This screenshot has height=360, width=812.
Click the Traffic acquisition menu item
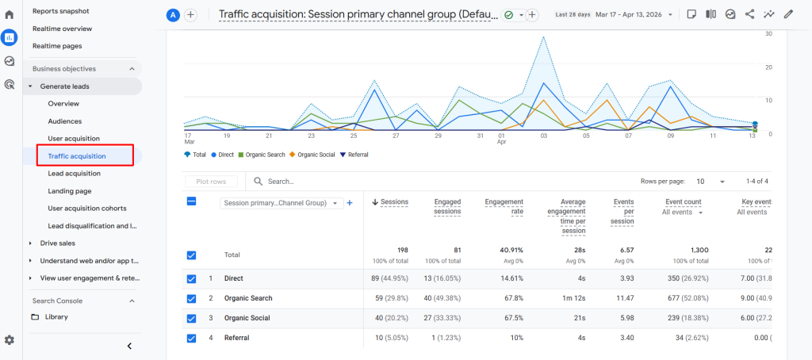point(77,156)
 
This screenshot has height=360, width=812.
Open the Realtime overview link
point(62,29)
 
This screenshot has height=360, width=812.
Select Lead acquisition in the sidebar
point(74,174)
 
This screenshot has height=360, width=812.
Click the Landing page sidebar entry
point(70,191)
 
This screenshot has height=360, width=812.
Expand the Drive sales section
point(58,243)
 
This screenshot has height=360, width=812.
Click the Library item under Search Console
point(56,317)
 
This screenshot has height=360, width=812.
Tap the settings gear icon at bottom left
point(10,340)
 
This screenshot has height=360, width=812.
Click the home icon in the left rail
point(10,14)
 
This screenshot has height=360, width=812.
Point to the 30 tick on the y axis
point(768,34)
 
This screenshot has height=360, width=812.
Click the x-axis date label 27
point(396,136)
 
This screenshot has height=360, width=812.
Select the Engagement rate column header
point(504,207)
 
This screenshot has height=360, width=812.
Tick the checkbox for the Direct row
point(191,279)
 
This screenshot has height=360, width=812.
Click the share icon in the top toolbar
point(749,14)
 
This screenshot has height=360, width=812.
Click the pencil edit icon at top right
point(788,14)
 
